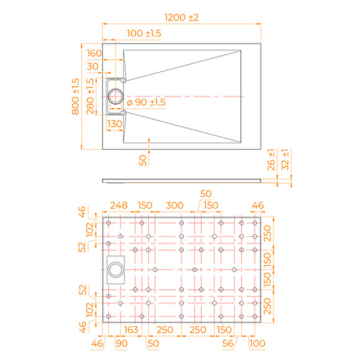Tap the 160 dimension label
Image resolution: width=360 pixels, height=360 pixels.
pyautogui.click(x=94, y=53)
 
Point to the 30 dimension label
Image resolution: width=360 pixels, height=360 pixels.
pyautogui.click(x=93, y=66)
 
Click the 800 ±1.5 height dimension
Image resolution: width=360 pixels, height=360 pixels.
pyautogui.click(x=76, y=97)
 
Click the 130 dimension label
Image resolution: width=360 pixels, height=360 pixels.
pyautogui.click(x=115, y=124)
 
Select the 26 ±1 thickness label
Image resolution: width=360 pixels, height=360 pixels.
pyautogui.click(x=271, y=165)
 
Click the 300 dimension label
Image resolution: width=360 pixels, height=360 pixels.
pyautogui.click(x=174, y=205)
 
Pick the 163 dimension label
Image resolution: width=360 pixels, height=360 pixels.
pyautogui.click(x=131, y=328)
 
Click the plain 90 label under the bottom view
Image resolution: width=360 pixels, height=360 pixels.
pyautogui.click(x=120, y=342)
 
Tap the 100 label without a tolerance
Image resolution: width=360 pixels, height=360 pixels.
pyautogui.click(x=256, y=342)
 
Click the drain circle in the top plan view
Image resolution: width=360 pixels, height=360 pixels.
pyautogui.click(x=115, y=96)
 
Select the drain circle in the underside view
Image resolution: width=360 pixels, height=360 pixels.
pyautogui.click(x=115, y=269)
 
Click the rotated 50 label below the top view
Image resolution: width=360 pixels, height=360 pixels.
pyautogui.click(x=143, y=160)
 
